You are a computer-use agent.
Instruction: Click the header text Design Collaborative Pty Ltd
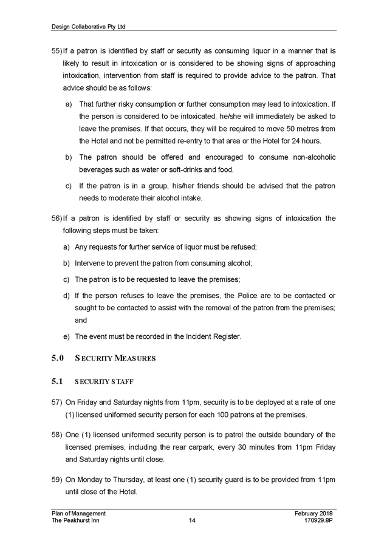click(89, 27)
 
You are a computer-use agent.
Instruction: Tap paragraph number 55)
click(57, 52)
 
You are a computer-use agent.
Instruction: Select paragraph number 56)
click(57, 219)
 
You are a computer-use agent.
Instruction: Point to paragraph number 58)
click(57, 435)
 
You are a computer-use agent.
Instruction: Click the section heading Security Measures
click(115, 358)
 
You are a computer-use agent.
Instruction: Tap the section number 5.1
click(57, 382)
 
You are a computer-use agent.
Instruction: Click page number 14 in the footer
click(192, 520)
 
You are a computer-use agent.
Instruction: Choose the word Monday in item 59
click(90, 480)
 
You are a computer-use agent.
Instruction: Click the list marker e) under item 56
click(66, 336)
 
